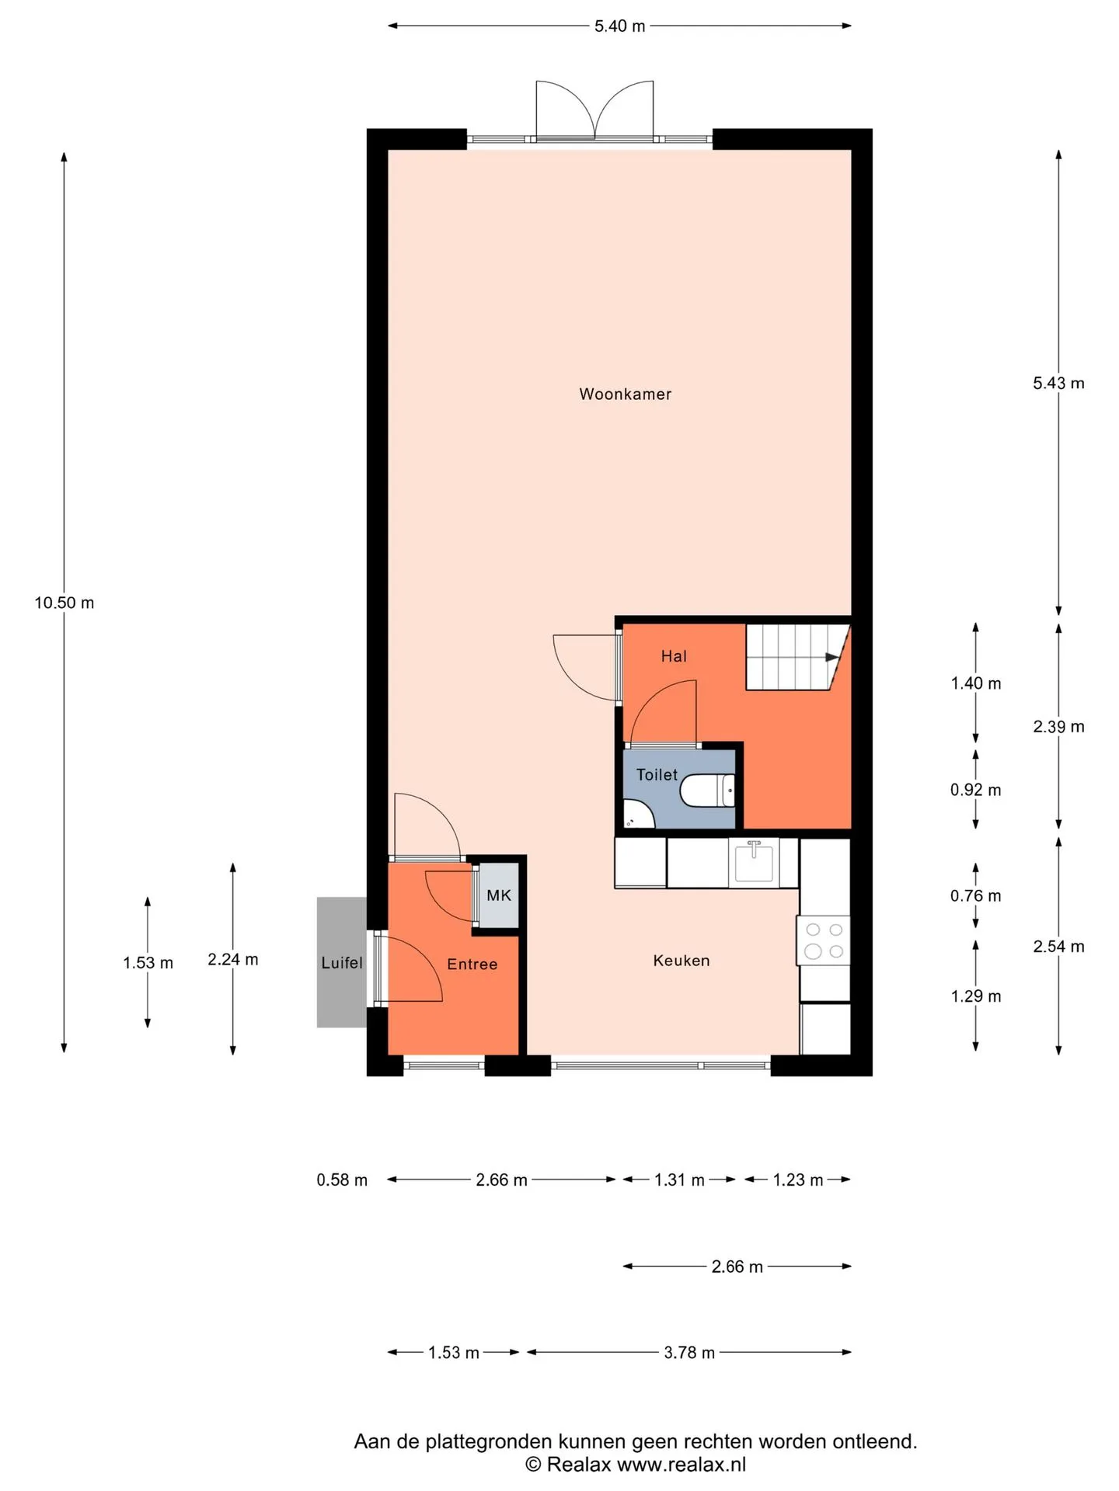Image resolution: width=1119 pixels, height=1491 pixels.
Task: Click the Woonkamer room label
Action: (625, 394)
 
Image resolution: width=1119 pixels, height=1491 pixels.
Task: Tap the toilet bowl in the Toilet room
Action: (707, 791)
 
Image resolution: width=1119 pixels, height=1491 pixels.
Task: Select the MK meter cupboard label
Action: (499, 895)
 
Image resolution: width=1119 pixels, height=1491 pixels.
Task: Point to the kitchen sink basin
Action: (754, 863)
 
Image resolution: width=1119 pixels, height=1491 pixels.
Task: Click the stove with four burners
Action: (824, 940)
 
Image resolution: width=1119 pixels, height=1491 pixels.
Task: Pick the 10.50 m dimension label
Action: (64, 603)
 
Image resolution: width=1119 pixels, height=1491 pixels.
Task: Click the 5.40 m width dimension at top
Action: (619, 26)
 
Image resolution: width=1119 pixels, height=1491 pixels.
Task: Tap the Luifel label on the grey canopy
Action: (342, 963)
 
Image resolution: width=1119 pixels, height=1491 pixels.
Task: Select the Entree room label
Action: (472, 964)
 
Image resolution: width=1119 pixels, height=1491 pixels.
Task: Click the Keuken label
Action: (682, 961)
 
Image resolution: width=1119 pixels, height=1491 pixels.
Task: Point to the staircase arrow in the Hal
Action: (832, 657)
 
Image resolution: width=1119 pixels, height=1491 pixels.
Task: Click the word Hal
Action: (674, 656)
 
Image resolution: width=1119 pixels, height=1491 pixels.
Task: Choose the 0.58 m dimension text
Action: (342, 1180)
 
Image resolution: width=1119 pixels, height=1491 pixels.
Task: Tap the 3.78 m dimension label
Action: (689, 1353)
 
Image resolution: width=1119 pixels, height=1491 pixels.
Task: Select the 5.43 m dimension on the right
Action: (1058, 383)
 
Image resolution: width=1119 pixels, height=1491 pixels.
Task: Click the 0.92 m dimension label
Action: (975, 790)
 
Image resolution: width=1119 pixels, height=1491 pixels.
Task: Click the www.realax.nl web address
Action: (682, 1465)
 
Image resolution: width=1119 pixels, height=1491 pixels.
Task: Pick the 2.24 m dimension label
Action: (233, 959)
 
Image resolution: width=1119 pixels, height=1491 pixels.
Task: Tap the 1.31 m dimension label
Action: (679, 1180)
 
